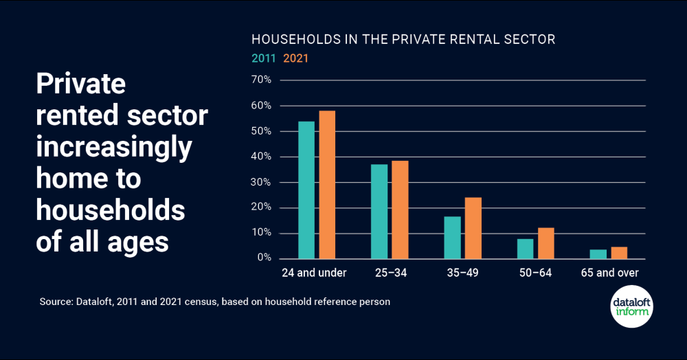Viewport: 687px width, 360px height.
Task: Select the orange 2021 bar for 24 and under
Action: [327, 185]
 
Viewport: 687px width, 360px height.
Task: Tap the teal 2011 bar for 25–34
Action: [379, 212]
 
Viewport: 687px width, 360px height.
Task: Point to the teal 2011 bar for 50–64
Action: [525, 249]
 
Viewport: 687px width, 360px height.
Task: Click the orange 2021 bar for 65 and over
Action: [619, 253]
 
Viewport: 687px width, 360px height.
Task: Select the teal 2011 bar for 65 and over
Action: [598, 254]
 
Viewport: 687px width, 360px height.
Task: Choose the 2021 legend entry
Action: [296, 58]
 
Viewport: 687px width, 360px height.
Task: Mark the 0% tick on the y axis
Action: [264, 258]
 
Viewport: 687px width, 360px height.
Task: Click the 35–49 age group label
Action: [462, 273]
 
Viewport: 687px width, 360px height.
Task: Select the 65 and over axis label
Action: [609, 273]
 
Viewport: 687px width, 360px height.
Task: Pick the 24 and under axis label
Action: [314, 273]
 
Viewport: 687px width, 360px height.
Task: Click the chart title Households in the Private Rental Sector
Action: [403, 39]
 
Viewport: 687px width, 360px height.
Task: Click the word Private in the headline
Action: [80, 84]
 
